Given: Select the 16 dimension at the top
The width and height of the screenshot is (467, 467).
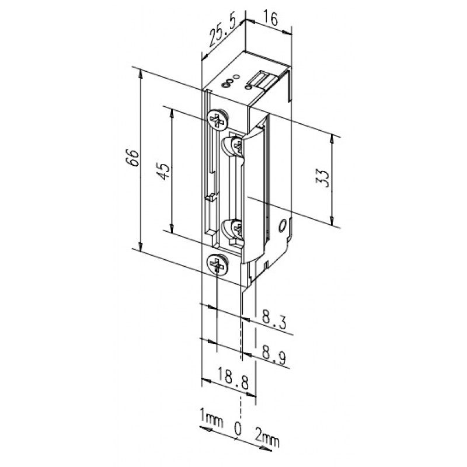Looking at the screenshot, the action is [270, 19].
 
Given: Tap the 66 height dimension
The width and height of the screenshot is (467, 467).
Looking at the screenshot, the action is [133, 157].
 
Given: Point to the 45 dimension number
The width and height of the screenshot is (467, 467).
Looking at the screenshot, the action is [163, 171].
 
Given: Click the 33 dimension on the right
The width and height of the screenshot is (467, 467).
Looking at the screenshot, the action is [323, 178].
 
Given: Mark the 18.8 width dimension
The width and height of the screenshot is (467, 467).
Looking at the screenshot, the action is [233, 378].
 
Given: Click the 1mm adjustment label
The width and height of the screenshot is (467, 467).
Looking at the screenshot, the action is [212, 418].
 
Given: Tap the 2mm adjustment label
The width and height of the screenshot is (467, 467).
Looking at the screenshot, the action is [267, 438].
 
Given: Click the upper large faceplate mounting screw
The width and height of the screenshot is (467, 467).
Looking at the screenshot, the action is [218, 120].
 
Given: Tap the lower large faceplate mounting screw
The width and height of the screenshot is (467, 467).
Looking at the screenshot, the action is [218, 264].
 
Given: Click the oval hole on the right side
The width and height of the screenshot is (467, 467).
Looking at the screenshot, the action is [282, 226].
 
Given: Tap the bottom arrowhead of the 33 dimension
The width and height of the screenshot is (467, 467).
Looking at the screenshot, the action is [332, 222].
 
